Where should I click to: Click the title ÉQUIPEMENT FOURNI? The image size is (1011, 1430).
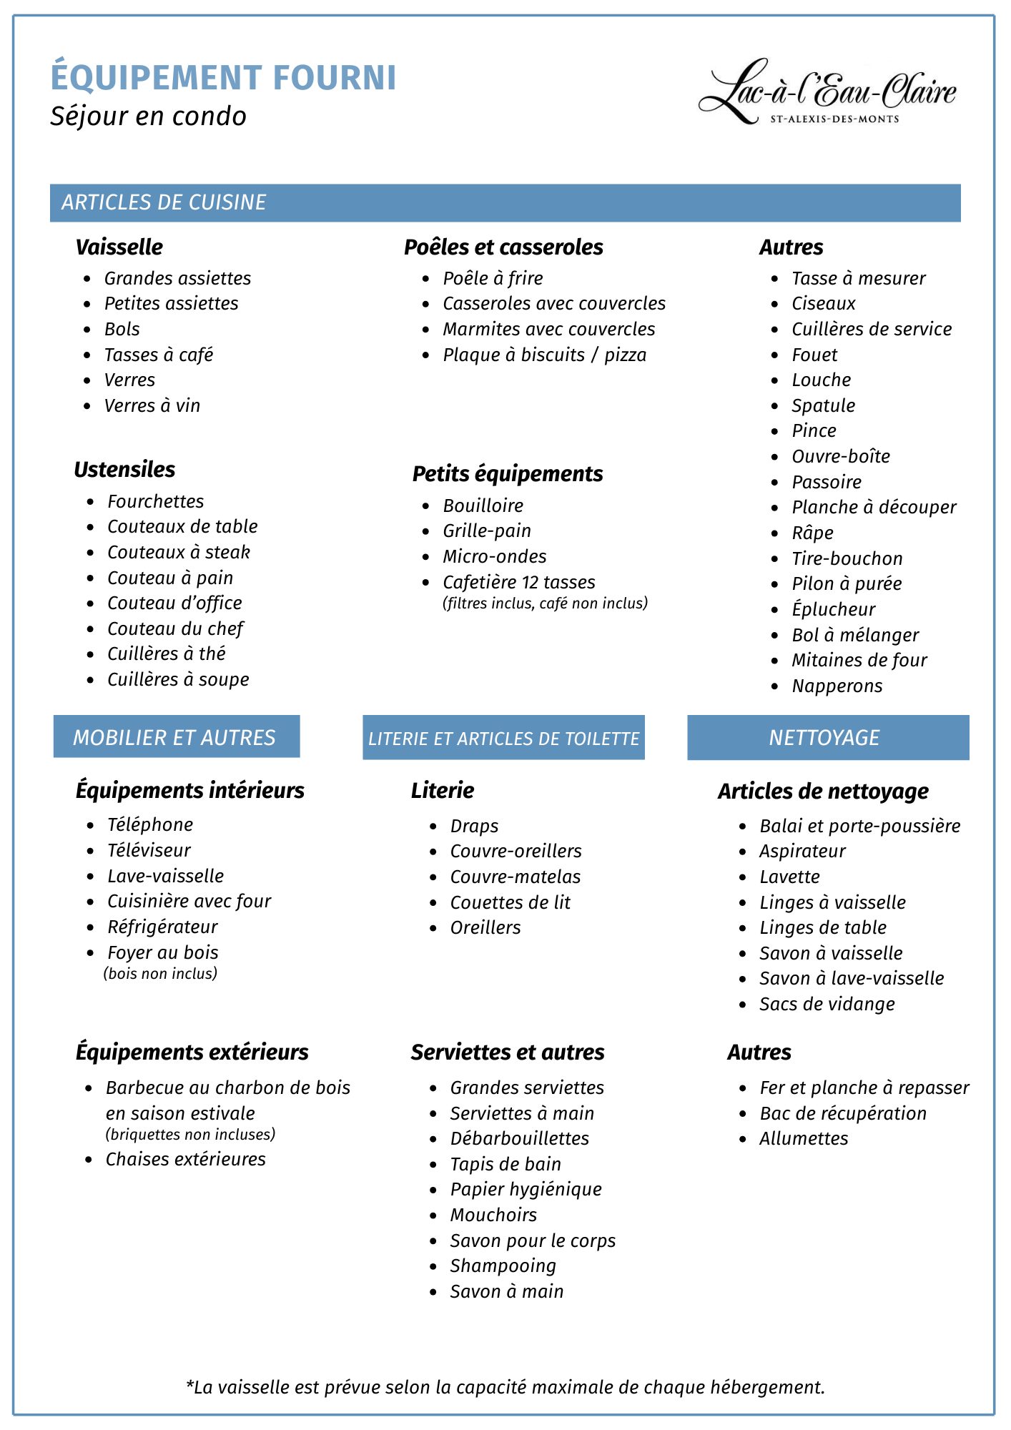223,77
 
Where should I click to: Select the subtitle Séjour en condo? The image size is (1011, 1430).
148,117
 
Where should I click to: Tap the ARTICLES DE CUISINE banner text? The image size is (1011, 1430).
164,202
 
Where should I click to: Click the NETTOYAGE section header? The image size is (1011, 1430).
824,738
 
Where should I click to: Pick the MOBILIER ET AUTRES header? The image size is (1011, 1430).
174,738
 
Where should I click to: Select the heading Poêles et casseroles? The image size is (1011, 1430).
503,247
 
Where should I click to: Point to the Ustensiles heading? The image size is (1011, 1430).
124,470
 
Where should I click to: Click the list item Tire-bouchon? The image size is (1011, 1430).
847,558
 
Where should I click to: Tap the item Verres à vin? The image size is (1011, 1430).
152,405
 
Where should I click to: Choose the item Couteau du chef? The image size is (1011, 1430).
175,628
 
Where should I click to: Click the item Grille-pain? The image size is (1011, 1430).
487,531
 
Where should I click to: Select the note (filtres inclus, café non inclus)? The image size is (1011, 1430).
545,603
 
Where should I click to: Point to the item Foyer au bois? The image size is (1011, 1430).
163,952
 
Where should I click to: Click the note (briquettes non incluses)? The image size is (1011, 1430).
190,1134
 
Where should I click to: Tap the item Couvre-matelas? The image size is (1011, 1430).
515,877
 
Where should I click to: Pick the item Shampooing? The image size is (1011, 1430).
503,1266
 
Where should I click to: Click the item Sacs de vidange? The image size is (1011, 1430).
827,1004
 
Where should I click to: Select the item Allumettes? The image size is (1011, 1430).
804,1138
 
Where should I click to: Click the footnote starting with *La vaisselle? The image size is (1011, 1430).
505,1387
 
